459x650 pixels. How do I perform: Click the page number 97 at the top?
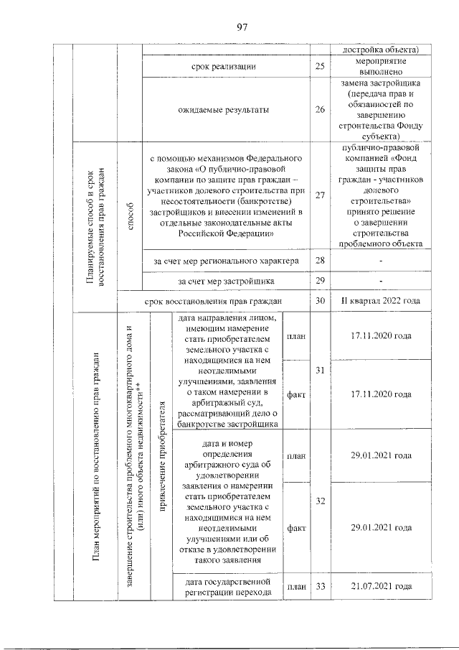point(242,27)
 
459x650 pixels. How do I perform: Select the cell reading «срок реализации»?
point(224,67)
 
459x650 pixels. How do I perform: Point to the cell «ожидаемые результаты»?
point(224,110)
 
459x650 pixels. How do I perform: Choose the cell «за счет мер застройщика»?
point(224,280)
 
